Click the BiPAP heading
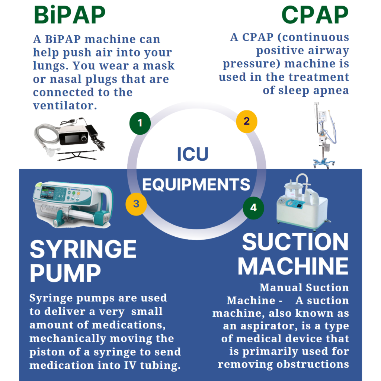tap(70, 15)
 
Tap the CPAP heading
tap(315, 15)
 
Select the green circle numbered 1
tap(140, 123)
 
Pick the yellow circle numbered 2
tap(247, 122)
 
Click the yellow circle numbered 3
tap(136, 204)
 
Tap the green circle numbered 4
tap(253, 208)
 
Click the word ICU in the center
tap(193, 154)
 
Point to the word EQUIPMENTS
tap(196, 185)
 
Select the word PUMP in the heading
tap(65, 273)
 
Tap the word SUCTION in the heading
tap(295, 242)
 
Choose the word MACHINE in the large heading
tap(293, 266)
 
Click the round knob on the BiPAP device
tap(84, 138)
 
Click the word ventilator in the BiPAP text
tap(65, 105)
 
